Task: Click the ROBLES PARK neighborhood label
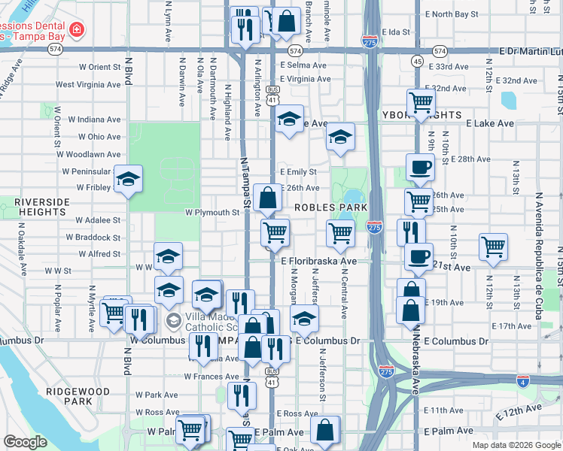[330, 207]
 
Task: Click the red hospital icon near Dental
[76, 30]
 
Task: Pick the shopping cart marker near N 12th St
[493, 245]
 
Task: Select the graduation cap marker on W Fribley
[129, 178]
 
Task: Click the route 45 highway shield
[417, 60]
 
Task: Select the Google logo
[26, 442]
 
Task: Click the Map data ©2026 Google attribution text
[516, 445]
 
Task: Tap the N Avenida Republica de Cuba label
[539, 256]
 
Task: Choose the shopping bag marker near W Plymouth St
[268, 198]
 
